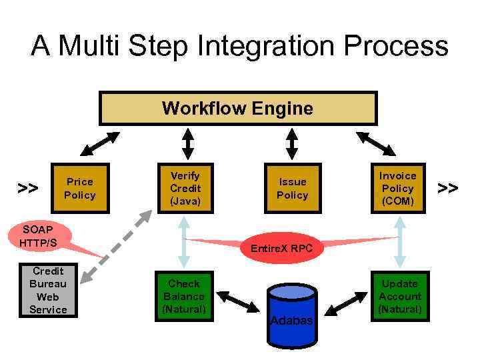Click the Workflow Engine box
[238, 108]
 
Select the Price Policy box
[79, 189]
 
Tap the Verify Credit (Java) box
[185, 189]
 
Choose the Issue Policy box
[292, 189]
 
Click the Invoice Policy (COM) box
[398, 189]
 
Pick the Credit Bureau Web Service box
[48, 291]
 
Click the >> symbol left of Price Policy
[27, 189]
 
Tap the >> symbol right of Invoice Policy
[448, 189]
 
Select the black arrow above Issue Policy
[292, 143]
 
